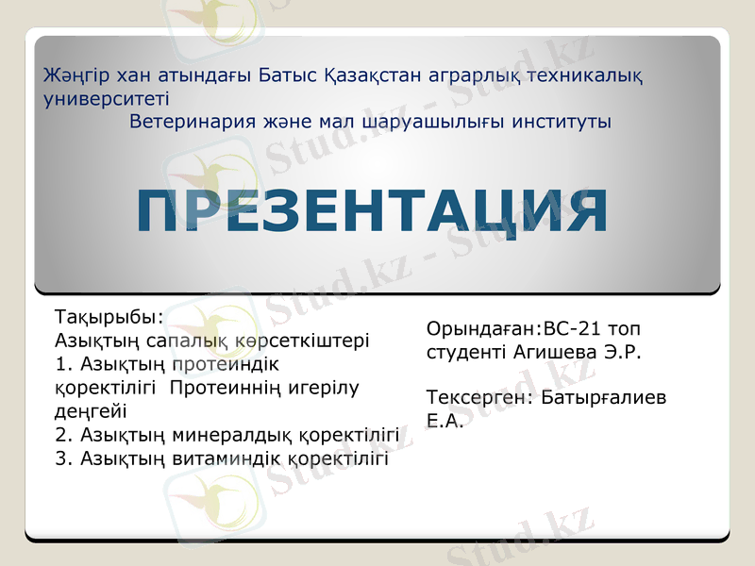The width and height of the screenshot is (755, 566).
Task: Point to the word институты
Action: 560,122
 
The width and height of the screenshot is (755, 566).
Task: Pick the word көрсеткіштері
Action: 303,340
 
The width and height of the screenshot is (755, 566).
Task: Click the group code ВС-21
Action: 573,329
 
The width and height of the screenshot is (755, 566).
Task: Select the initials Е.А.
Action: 445,421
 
